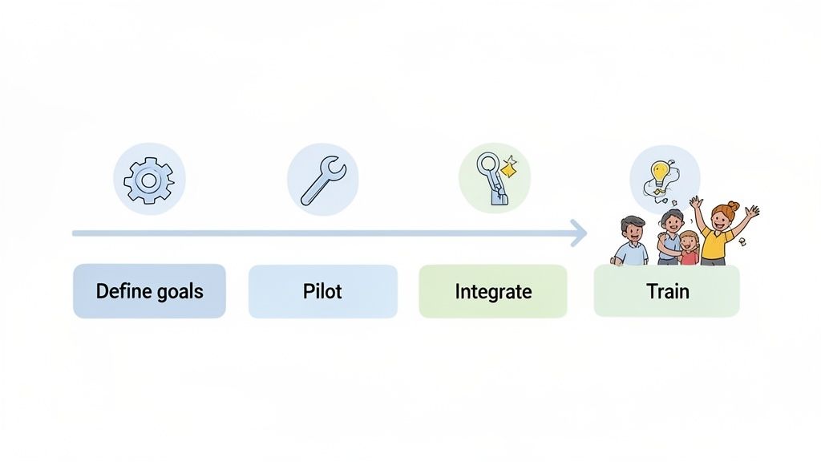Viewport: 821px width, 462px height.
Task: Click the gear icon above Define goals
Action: [148, 179]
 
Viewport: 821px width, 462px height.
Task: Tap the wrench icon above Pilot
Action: [322, 180]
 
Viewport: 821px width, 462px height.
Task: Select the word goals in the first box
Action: [180, 291]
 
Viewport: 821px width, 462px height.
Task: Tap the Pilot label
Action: [322, 291]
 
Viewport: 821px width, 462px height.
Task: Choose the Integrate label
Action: [493, 291]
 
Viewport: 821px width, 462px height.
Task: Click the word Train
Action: [667, 291]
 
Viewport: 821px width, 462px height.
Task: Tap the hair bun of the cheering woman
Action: [733, 206]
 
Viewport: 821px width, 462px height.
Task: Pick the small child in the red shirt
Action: [689, 249]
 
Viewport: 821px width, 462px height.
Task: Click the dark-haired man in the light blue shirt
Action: [632, 241]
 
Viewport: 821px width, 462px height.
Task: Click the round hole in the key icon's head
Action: [486, 164]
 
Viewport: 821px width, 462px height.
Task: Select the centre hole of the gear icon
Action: [148, 179]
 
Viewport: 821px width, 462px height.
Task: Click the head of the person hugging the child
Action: [672, 221]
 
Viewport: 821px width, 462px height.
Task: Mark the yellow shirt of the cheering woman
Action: [714, 244]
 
